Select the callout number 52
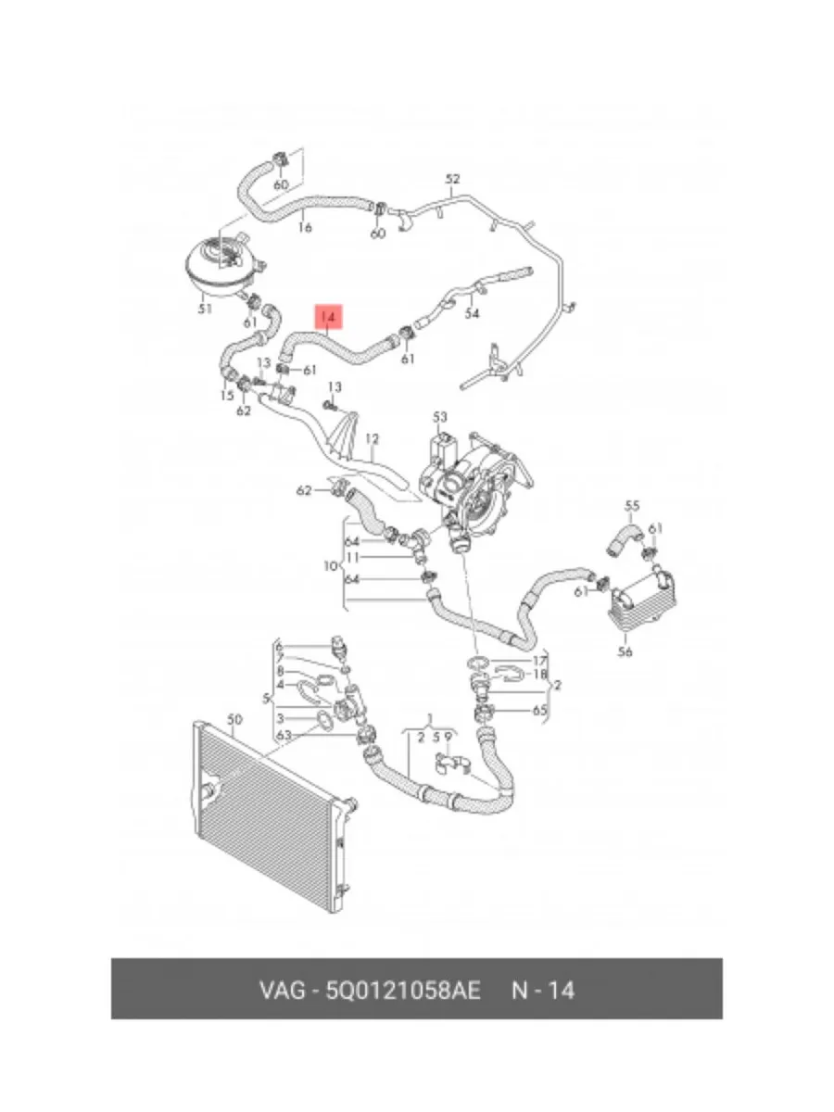(x=452, y=179)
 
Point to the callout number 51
(x=205, y=309)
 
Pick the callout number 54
(x=473, y=313)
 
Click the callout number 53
(x=439, y=418)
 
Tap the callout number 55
(x=632, y=506)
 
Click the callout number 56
(x=625, y=651)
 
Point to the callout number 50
(x=234, y=719)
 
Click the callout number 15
(x=227, y=396)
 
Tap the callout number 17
(x=540, y=661)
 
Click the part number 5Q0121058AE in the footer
(x=403, y=990)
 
